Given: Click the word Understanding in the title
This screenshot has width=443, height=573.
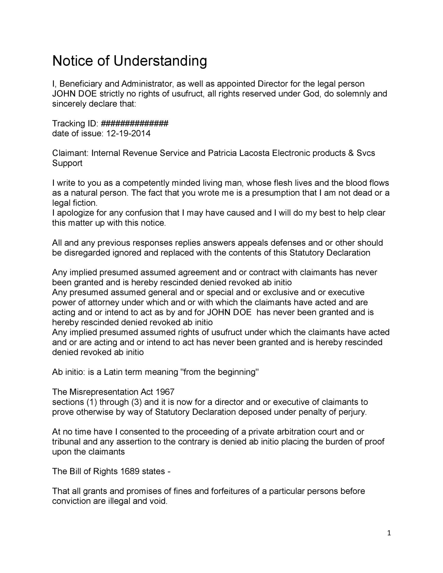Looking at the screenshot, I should [x=160, y=61].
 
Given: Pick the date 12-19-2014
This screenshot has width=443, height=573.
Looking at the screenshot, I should [x=128, y=133].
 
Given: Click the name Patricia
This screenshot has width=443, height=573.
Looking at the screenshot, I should [x=222, y=153].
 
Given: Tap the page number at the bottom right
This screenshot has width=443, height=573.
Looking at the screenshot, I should [x=389, y=533].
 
